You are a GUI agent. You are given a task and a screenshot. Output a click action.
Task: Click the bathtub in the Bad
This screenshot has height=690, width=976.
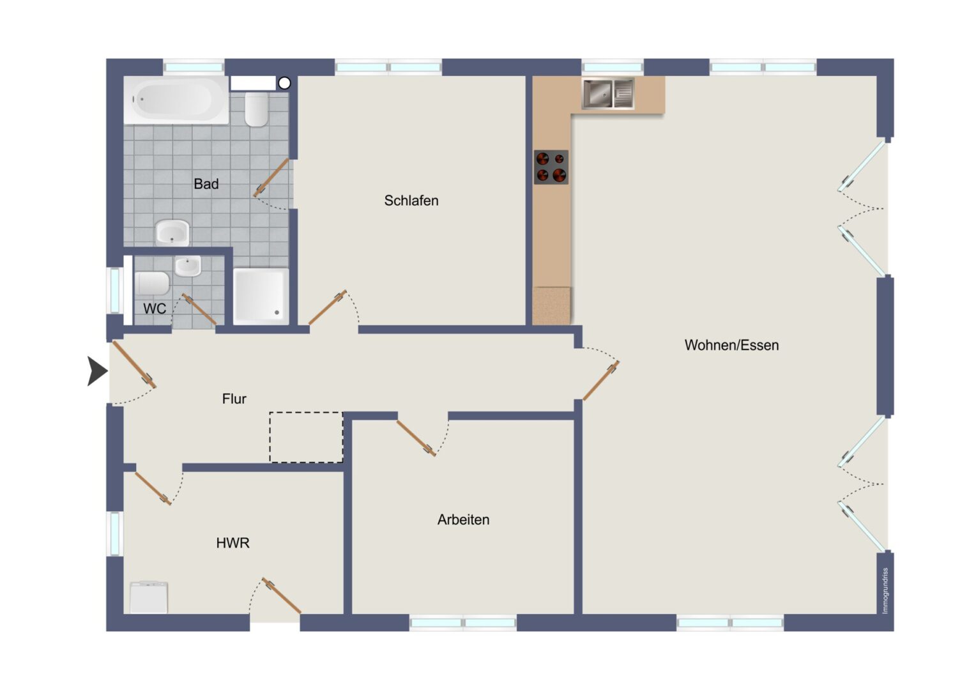(x=176, y=100)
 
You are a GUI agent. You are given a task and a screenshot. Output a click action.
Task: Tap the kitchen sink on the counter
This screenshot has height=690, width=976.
(x=608, y=93)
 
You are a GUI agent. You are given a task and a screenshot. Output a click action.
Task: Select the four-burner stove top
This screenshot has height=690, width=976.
(x=551, y=167)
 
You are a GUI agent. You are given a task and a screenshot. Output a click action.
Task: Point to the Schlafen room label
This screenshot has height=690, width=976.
(x=411, y=201)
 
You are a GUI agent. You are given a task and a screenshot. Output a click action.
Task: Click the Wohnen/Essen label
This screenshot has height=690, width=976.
(x=731, y=345)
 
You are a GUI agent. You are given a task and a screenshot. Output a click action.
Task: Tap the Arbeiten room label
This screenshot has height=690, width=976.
(x=464, y=519)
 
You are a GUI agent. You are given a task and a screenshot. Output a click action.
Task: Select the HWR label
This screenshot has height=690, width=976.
(x=233, y=542)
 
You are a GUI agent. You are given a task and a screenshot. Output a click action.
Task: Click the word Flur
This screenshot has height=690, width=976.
(x=234, y=399)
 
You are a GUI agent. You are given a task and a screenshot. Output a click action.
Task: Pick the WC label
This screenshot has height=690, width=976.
(x=155, y=309)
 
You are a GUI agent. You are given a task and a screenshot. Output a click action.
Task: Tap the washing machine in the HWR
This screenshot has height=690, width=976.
(x=149, y=597)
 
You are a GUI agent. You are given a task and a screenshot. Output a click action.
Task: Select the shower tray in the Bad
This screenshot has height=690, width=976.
(x=261, y=296)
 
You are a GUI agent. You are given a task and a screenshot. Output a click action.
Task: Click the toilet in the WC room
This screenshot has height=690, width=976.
(x=151, y=284)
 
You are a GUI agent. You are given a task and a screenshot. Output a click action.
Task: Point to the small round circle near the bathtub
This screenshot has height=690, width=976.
(x=284, y=83)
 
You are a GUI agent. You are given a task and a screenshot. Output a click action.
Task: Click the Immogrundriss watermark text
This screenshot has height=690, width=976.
(x=885, y=590)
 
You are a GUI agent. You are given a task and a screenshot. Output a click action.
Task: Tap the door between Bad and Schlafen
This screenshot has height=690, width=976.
(x=271, y=178)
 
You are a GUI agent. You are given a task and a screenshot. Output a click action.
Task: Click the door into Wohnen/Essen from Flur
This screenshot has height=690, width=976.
(x=601, y=381)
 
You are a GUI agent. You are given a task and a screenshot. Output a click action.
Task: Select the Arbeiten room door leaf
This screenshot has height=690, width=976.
(x=416, y=438)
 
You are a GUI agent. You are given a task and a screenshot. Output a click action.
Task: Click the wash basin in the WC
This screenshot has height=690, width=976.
(x=188, y=266)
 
